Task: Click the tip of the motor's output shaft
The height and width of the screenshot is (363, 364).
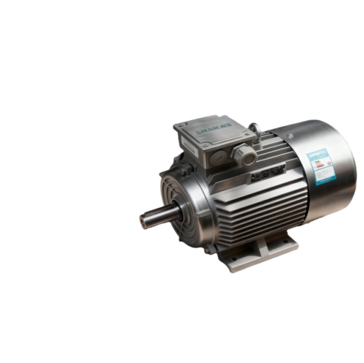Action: point(142,217)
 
